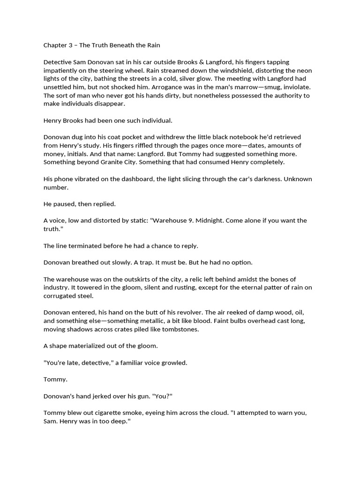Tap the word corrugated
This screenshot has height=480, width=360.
click(62, 296)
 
